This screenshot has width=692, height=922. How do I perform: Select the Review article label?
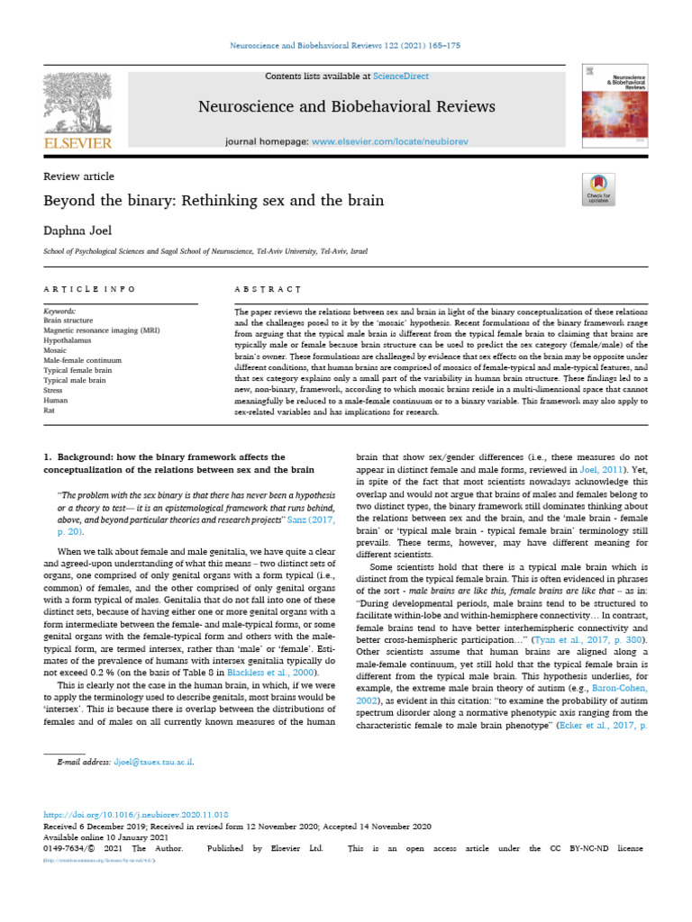point(78,176)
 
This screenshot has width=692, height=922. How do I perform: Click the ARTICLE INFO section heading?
point(89,289)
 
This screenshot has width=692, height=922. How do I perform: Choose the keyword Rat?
point(50,410)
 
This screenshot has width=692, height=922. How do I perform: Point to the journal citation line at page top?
point(346,44)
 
